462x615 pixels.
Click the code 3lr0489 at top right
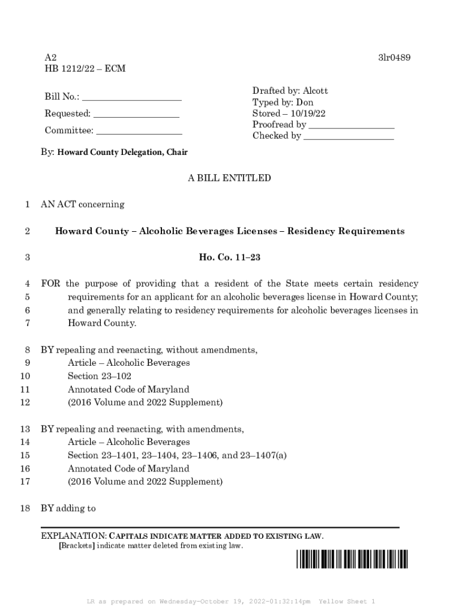[394, 58]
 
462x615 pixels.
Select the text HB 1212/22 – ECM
[85, 69]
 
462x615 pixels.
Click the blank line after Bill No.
[131, 97]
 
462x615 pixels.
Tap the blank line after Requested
[136, 114]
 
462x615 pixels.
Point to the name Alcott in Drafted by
[315, 91]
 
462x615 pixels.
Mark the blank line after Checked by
[349, 136]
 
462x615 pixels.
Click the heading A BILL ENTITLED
[229, 178]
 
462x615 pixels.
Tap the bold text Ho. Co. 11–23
[229, 258]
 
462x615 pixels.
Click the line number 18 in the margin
[25, 509]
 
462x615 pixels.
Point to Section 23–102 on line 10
[100, 376]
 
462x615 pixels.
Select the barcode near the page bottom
[351, 559]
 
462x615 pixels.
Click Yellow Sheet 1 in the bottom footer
[347, 601]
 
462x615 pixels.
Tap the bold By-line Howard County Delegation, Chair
[122, 153]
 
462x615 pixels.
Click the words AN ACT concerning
[83, 204]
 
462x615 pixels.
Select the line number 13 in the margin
[25, 429]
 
